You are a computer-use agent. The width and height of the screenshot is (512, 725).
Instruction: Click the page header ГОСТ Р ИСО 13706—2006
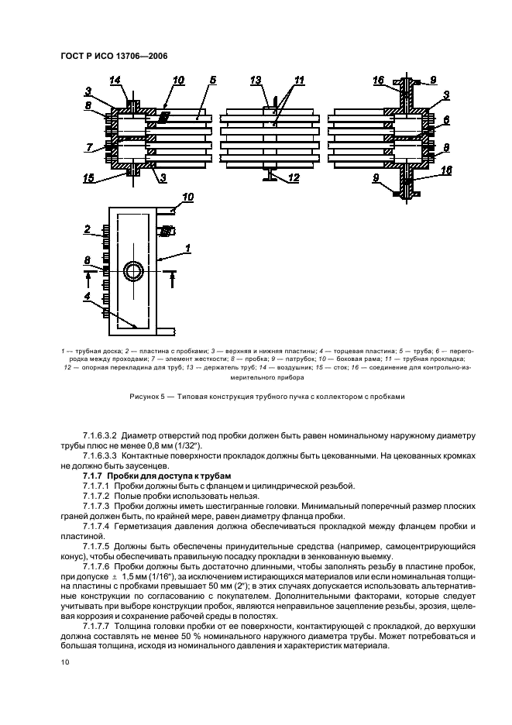point(112,56)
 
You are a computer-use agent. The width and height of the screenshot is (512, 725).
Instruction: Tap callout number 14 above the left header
point(115,81)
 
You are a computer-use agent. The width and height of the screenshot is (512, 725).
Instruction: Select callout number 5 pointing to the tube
point(212,80)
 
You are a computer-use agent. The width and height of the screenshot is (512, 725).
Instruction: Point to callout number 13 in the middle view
point(256,81)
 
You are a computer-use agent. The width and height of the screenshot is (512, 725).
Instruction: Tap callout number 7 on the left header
point(89,146)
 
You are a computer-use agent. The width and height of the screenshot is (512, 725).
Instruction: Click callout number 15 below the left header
point(90,179)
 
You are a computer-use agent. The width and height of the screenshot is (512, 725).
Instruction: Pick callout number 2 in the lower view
point(89,229)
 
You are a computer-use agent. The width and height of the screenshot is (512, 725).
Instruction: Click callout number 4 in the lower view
point(89,295)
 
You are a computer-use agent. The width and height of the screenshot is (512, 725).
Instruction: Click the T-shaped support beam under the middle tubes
point(267,177)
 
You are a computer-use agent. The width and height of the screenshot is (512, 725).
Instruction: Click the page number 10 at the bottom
point(66,662)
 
